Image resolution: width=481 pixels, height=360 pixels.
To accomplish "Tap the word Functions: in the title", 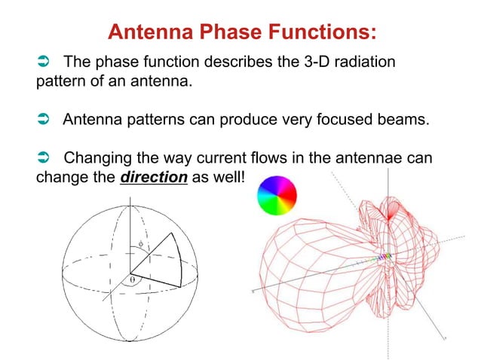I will [x=323, y=32].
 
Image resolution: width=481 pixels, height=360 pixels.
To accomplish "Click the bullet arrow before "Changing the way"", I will [x=44, y=160].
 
